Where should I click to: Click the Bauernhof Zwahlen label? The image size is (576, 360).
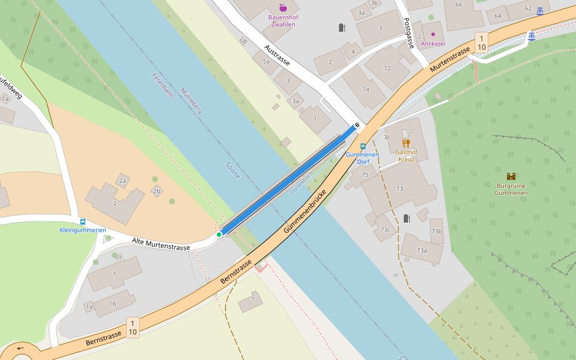tap(283, 21)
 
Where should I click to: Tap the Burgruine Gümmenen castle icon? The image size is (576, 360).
tap(511, 176)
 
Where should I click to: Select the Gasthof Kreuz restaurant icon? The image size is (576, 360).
tap(406, 143)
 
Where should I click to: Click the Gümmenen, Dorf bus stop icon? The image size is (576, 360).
tap(362, 146)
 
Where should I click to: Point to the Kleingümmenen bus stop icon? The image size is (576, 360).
tap(82, 221)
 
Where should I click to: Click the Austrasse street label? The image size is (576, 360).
tap(277, 55)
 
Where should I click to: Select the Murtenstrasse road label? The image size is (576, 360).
tap(449, 61)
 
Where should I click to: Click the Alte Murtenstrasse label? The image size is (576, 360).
tap(161, 244)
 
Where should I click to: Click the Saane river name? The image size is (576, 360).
tap(232, 170)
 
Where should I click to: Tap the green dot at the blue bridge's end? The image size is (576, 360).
tap(219, 235)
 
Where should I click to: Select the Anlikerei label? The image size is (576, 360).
tap(433, 43)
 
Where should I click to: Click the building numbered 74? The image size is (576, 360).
tap(365, 89)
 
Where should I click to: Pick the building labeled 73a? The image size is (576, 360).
tap(422, 250)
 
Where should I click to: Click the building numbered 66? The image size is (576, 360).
tap(459, 5)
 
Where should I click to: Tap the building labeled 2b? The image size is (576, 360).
tap(157, 191)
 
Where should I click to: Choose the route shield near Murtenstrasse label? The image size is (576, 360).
tap(481, 42)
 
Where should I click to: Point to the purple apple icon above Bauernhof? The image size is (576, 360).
tap(283, 8)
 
